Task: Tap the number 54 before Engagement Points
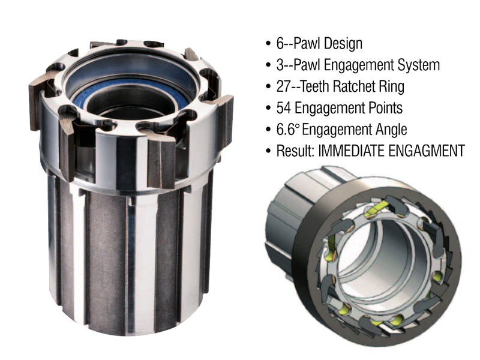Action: click(x=284, y=108)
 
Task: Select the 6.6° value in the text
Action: click(x=287, y=130)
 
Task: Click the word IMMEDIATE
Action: click(x=351, y=151)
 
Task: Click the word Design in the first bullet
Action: click(x=343, y=44)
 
